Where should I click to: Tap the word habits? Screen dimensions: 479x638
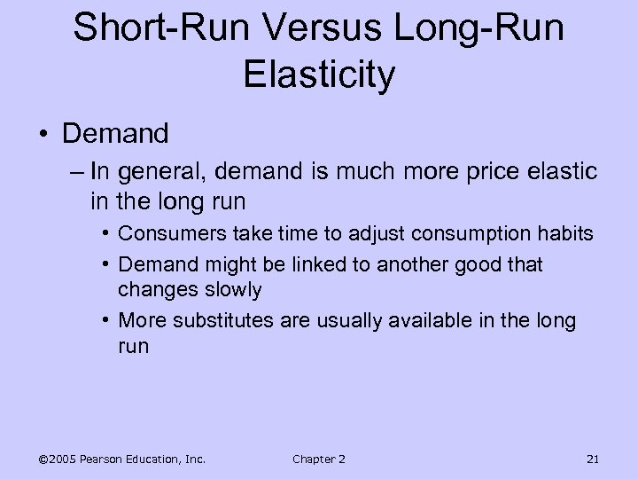click(564, 234)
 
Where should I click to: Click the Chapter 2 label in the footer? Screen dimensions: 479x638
click(318, 458)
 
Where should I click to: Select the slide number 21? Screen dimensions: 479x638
click(593, 458)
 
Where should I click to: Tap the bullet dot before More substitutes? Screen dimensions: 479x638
click(105, 320)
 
